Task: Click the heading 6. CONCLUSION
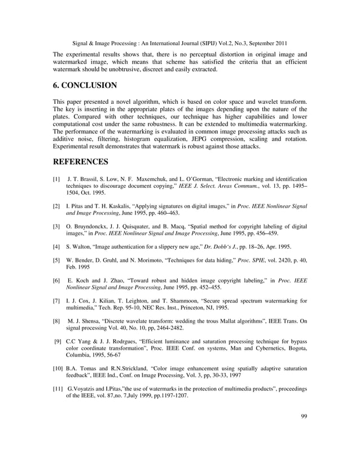pos(85,86)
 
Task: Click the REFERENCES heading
pos(81,162)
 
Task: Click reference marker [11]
pos(57,389)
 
